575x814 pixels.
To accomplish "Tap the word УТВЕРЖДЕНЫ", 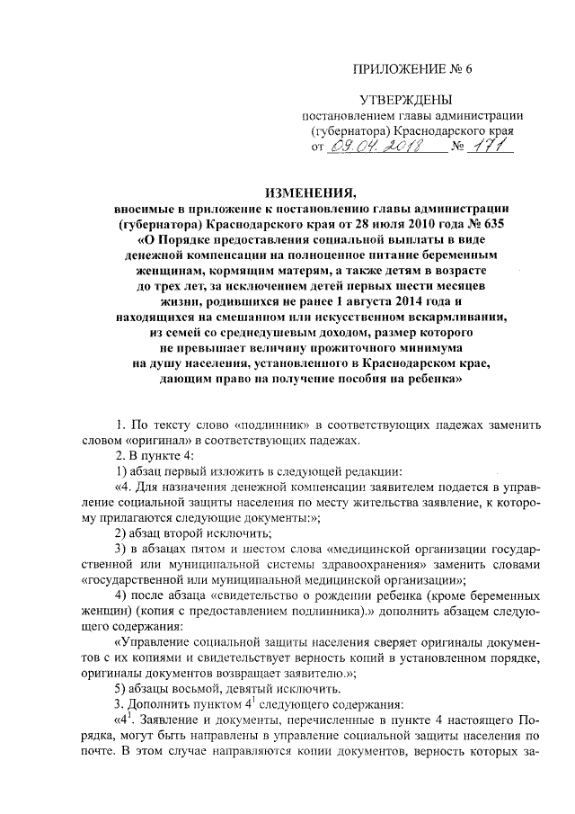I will [400, 99].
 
